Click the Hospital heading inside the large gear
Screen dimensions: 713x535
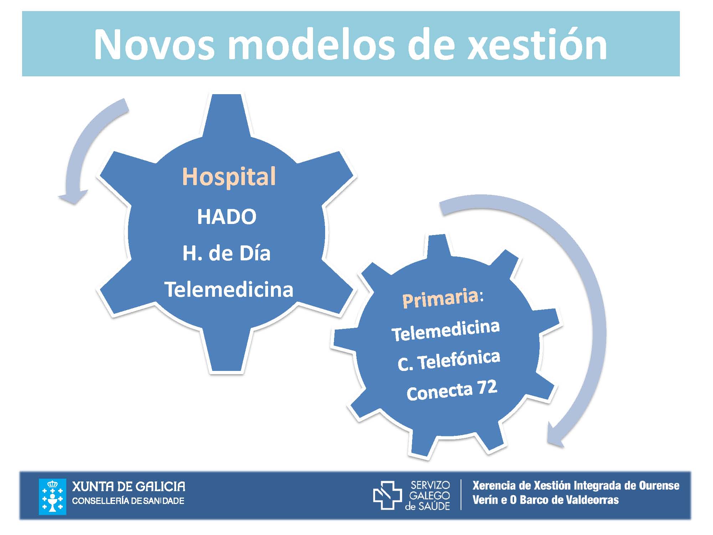(229, 177)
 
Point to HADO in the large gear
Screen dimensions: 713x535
(227, 216)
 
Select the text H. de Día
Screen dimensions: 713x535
(226, 253)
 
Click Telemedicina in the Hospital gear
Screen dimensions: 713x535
(229, 289)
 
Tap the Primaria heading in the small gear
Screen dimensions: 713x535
(443, 298)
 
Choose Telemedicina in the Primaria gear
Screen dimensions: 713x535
(446, 330)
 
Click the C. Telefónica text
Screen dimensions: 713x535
(449, 361)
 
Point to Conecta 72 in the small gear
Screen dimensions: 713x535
(452, 391)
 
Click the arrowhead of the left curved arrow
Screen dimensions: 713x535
(73, 197)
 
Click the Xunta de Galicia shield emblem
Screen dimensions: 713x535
(52, 496)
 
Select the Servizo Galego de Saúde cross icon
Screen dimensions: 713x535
(387, 495)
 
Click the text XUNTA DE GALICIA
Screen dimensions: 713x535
(129, 486)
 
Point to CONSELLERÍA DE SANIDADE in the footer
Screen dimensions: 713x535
(128, 501)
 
